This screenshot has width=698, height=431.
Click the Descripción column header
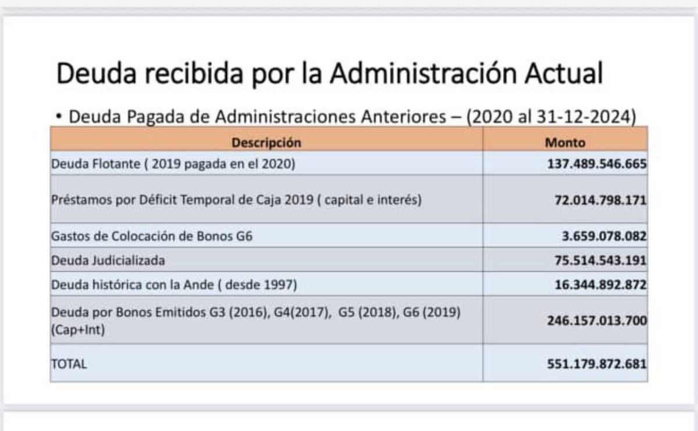(266, 142)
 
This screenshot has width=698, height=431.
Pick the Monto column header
(565, 142)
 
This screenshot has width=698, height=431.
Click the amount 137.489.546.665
(596, 164)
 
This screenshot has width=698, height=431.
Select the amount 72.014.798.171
(600, 200)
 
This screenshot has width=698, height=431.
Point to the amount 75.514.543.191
(600, 261)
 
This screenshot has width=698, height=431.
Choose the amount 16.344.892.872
(600, 285)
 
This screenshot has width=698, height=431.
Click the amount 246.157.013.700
(596, 321)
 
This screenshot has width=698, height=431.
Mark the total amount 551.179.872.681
(596, 364)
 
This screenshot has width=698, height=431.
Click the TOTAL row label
(69, 364)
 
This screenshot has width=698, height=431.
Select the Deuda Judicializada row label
(108, 261)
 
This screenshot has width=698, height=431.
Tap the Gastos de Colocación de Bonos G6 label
(152, 237)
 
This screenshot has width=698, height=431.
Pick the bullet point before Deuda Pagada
(59, 117)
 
